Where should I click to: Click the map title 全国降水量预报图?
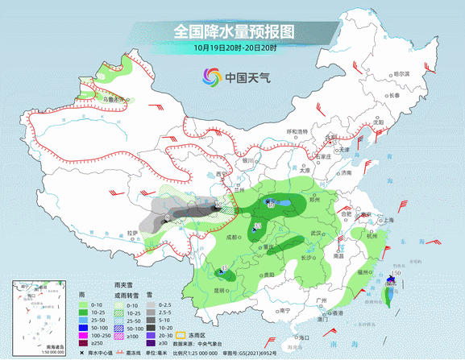234,31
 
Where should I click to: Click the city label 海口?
303,337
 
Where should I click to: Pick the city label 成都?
232,237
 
